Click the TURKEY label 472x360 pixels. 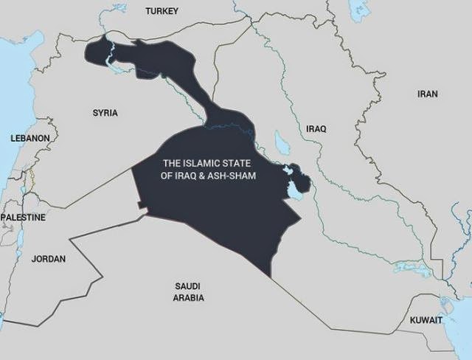tap(162, 11)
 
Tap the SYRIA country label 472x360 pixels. tap(105, 113)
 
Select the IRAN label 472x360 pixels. tap(428, 94)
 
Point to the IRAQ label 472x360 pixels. tap(316, 128)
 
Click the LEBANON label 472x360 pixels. tap(30, 138)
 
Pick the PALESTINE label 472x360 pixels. tap(23, 218)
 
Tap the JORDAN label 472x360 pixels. tap(49, 259)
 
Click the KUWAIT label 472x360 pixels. tap(426, 320)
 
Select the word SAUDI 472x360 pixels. tap(188, 285)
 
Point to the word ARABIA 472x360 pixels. tap(188, 298)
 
